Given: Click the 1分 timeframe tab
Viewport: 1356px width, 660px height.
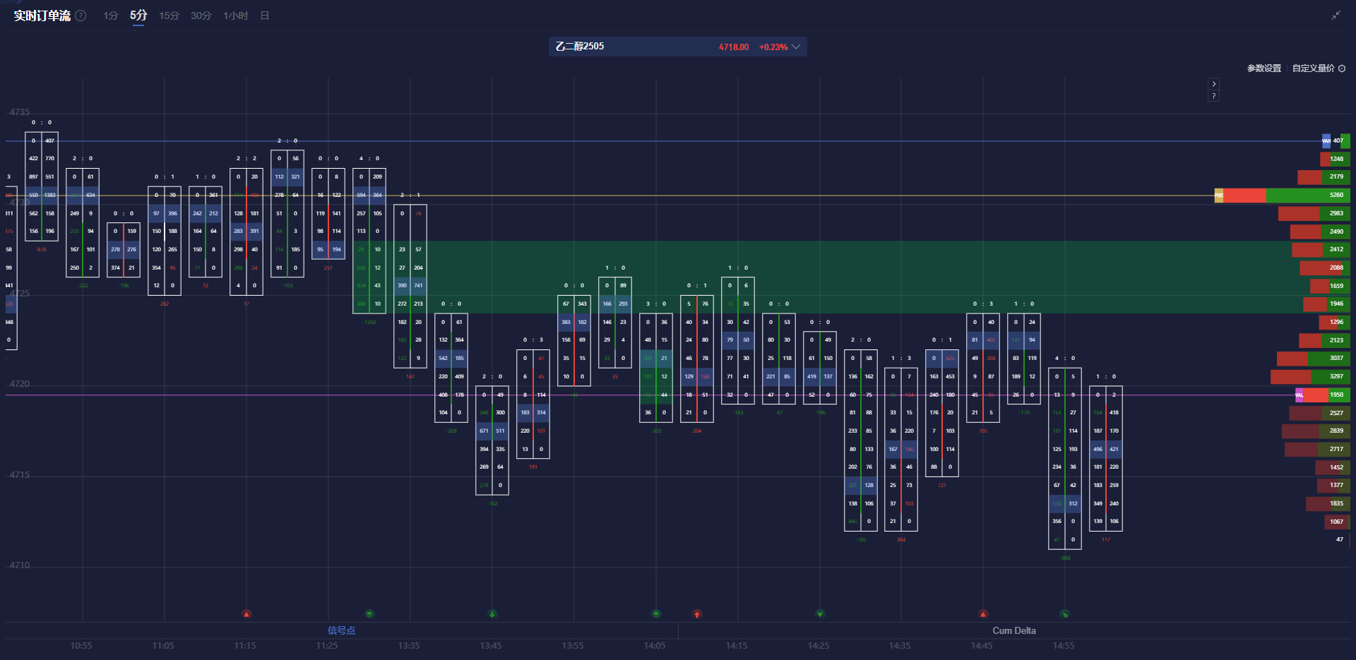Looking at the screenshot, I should [x=110, y=16].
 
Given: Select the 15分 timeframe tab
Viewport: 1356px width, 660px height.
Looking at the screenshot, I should [x=169, y=16].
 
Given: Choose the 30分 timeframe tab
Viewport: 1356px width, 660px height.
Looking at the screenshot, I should [x=201, y=16].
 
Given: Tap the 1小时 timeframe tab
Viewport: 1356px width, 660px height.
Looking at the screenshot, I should [x=235, y=16].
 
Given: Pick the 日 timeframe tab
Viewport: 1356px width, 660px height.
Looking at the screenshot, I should [x=265, y=16].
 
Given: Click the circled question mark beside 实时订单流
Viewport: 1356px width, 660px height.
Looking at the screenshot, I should [x=81, y=16].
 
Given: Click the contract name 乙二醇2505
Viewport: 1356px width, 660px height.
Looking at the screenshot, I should [x=580, y=47].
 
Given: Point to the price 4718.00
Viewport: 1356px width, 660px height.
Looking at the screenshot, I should [x=733, y=47].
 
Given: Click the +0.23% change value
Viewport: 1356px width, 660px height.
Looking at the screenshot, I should [x=773, y=47].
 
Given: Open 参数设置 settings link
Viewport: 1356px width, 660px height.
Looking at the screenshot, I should [x=1263, y=68].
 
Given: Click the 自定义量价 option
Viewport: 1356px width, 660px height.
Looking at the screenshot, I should [x=1313, y=68].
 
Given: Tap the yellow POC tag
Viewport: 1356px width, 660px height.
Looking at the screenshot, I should [x=1218, y=196].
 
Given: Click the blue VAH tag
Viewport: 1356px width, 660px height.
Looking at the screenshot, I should [x=1326, y=141].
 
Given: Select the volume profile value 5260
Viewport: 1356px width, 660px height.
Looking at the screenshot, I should [x=1336, y=195].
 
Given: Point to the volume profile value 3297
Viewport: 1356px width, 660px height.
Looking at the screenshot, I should [x=1336, y=376].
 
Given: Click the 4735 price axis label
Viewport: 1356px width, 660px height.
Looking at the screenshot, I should [x=20, y=112].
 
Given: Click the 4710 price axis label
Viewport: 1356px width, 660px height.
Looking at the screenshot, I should [x=20, y=565].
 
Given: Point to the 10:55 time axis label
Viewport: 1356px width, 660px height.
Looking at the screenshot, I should [x=81, y=646].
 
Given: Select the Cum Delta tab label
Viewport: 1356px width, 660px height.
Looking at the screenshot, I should [x=1013, y=630].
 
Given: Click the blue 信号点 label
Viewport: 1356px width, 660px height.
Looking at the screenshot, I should [x=341, y=630].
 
